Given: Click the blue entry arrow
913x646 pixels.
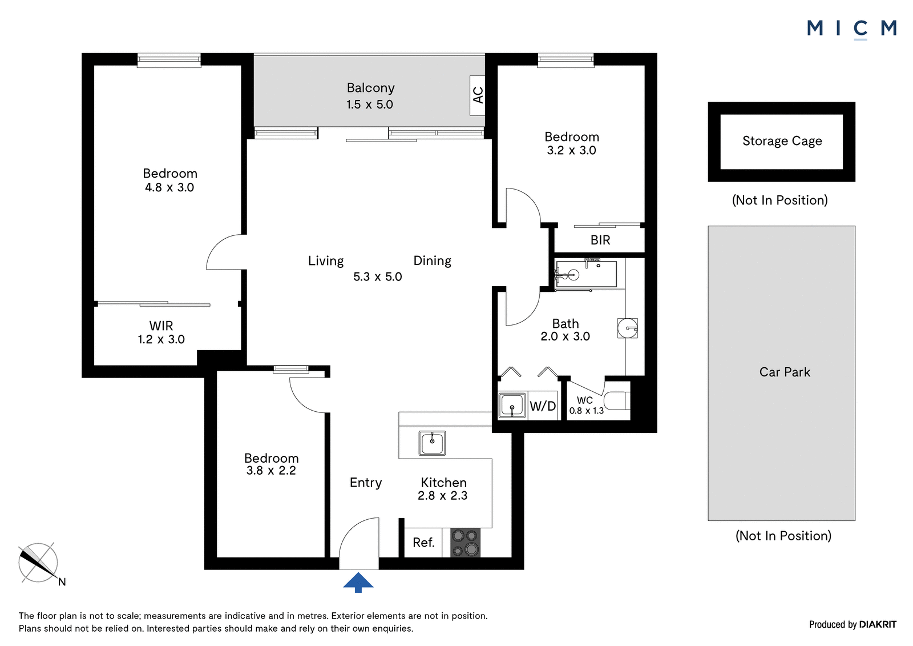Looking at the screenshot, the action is coord(358,583).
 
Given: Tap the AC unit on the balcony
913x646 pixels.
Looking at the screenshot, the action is coord(477,95).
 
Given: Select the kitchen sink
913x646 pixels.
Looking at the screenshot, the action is coord(432,443).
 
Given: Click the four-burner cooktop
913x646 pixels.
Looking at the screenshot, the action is coord(465,543).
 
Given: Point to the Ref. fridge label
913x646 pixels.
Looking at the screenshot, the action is coord(423,543).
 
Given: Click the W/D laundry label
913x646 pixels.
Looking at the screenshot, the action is coord(543,406).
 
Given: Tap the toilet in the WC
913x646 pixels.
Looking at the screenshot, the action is coord(617,400).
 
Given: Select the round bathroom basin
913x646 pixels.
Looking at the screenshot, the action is coord(628,328).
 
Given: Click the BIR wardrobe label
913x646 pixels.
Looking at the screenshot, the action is coord(600,240).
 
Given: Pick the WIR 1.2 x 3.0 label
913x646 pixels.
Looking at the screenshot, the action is coord(161,332).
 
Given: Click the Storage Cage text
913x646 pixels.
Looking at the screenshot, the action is coord(782,141).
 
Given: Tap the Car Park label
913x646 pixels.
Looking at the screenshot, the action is coord(785,372).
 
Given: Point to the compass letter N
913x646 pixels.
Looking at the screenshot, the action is coord(62,582).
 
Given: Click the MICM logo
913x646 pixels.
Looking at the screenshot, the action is coord(852,29).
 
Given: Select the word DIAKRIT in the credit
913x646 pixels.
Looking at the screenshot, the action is coord(878,624).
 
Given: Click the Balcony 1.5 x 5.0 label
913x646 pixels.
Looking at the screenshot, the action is coord(370,96).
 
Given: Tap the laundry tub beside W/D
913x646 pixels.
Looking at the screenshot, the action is coord(511,405).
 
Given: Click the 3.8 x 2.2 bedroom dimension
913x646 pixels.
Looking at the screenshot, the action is coord(271,471).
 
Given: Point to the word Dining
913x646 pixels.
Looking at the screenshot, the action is coord(432,261).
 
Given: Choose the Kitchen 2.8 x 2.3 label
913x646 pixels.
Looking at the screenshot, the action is coord(443,489).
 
